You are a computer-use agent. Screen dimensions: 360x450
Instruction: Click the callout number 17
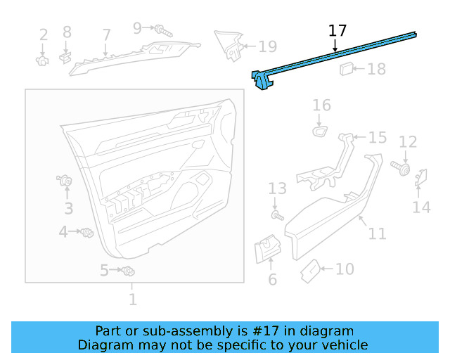[x=337, y=30]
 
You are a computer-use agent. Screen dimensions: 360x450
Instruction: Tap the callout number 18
[x=377, y=69]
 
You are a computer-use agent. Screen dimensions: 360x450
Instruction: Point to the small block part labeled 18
[x=347, y=68]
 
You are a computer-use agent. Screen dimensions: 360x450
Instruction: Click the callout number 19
[x=267, y=47]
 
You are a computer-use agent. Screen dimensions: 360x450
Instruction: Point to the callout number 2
[x=44, y=34]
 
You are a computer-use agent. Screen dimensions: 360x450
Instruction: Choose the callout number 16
[x=321, y=105]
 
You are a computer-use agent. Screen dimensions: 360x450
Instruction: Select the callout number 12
[x=408, y=142]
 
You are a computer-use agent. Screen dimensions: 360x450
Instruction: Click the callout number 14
[x=421, y=207]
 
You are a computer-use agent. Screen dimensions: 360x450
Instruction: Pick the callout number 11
[x=378, y=233]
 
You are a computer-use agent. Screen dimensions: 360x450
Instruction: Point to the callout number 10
[x=345, y=269]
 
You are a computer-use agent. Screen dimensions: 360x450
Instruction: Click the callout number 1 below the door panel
[x=132, y=300]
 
